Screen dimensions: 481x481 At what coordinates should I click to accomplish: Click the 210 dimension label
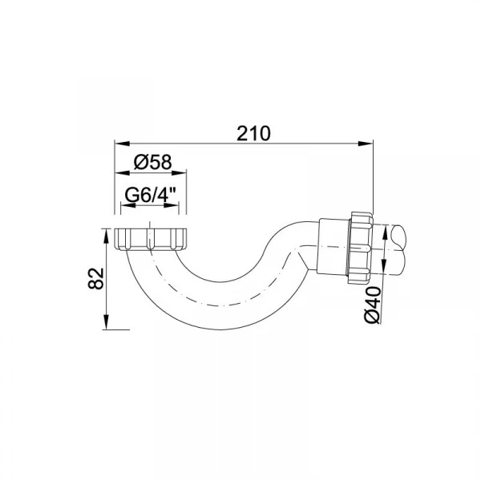click(253, 133)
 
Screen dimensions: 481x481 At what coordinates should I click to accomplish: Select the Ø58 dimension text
click(153, 162)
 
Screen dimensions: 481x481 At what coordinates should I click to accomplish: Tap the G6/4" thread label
click(151, 195)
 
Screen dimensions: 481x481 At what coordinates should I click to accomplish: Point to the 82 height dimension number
click(96, 278)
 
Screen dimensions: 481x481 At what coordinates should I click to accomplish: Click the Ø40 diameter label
click(373, 305)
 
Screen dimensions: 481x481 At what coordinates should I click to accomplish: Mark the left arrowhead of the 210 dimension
click(122, 143)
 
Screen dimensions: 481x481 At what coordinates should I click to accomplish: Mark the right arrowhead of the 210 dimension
click(366, 143)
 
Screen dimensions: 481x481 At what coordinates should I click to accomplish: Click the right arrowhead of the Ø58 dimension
click(179, 172)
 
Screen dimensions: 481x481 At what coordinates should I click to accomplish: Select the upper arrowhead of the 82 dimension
click(106, 236)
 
